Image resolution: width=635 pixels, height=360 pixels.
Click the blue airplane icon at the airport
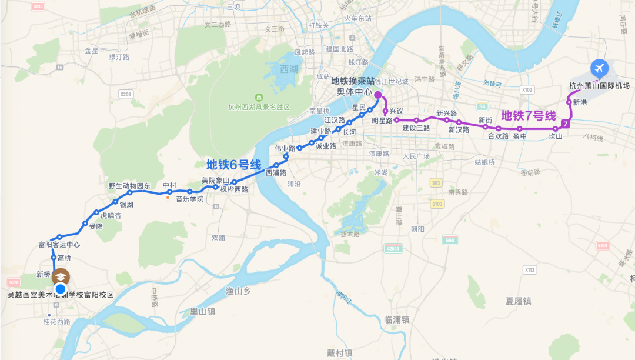[x=600, y=69]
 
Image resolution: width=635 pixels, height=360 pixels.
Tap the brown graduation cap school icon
[x=61, y=276]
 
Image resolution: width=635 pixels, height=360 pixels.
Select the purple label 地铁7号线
[x=528, y=115]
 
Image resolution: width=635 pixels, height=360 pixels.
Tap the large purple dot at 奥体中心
[x=378, y=95]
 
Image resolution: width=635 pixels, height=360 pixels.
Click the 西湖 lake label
[x=289, y=68]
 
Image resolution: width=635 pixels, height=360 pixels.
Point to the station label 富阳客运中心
[x=59, y=245]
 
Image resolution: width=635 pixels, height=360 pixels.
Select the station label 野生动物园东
[x=129, y=185]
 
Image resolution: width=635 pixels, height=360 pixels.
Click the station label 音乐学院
[x=190, y=199]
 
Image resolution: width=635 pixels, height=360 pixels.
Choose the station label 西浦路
[x=276, y=173]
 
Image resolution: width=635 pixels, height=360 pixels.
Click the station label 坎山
[x=556, y=136]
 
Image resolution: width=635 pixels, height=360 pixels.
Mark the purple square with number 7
[x=566, y=124]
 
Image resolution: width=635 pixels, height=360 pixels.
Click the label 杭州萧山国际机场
[x=599, y=86]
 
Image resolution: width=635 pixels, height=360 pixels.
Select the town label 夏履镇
[x=518, y=301]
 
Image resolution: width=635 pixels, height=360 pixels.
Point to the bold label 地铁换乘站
[x=352, y=81]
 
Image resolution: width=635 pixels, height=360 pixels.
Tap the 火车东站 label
[x=357, y=18]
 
